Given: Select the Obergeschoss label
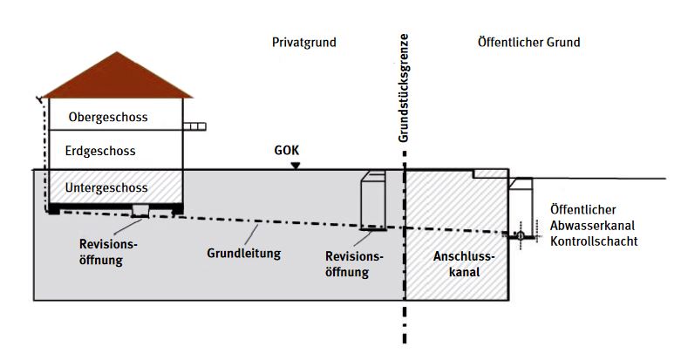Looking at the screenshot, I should click(107, 116).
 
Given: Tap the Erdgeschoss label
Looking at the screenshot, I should click(100, 152).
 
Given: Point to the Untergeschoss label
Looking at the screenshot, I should click(107, 187).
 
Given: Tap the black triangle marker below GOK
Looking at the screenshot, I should click(296, 166).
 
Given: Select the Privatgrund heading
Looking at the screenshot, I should click(303, 43).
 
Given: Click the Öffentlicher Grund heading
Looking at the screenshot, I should click(529, 43).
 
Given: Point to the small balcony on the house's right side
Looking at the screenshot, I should click(196, 127).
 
